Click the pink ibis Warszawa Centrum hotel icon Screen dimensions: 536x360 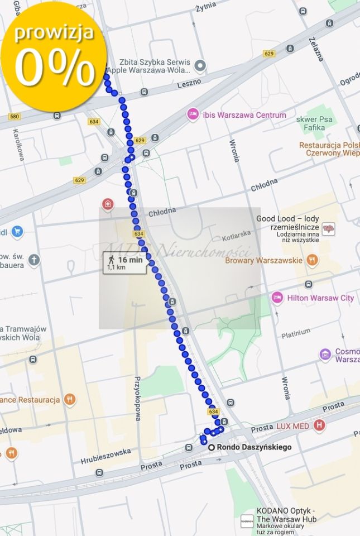point(193,114)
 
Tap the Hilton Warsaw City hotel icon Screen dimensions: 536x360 point(277,298)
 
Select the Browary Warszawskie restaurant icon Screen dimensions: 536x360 point(312,260)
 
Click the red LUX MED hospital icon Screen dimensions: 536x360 point(319,426)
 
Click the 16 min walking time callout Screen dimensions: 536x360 point(124,263)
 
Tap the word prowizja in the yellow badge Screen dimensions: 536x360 point(54,33)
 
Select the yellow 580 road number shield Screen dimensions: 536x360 point(15,116)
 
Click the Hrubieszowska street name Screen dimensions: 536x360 point(105,456)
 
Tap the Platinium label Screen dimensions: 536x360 point(296,334)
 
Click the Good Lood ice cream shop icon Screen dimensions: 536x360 point(329,229)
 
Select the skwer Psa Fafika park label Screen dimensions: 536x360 point(317,123)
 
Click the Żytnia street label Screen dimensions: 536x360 point(206,8)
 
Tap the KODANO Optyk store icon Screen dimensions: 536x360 point(247,520)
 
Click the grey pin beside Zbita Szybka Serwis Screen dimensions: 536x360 point(200,66)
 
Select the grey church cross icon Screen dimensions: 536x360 point(35,260)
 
